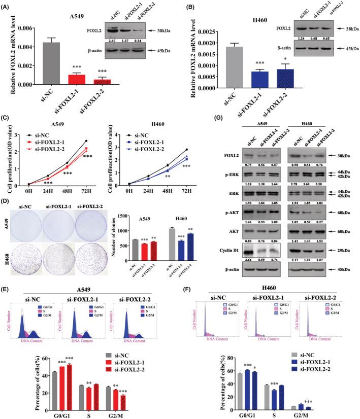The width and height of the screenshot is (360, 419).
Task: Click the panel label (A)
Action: [9, 6]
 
